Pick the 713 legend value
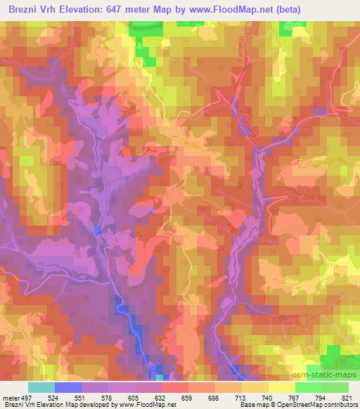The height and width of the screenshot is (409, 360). [x=242, y=397]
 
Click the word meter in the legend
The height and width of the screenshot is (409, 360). [x=10, y=397]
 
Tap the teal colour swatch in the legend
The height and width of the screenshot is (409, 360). [x=41, y=387]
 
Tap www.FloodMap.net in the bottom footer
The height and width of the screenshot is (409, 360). [x=144, y=405]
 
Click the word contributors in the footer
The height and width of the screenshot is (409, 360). [x=337, y=405]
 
